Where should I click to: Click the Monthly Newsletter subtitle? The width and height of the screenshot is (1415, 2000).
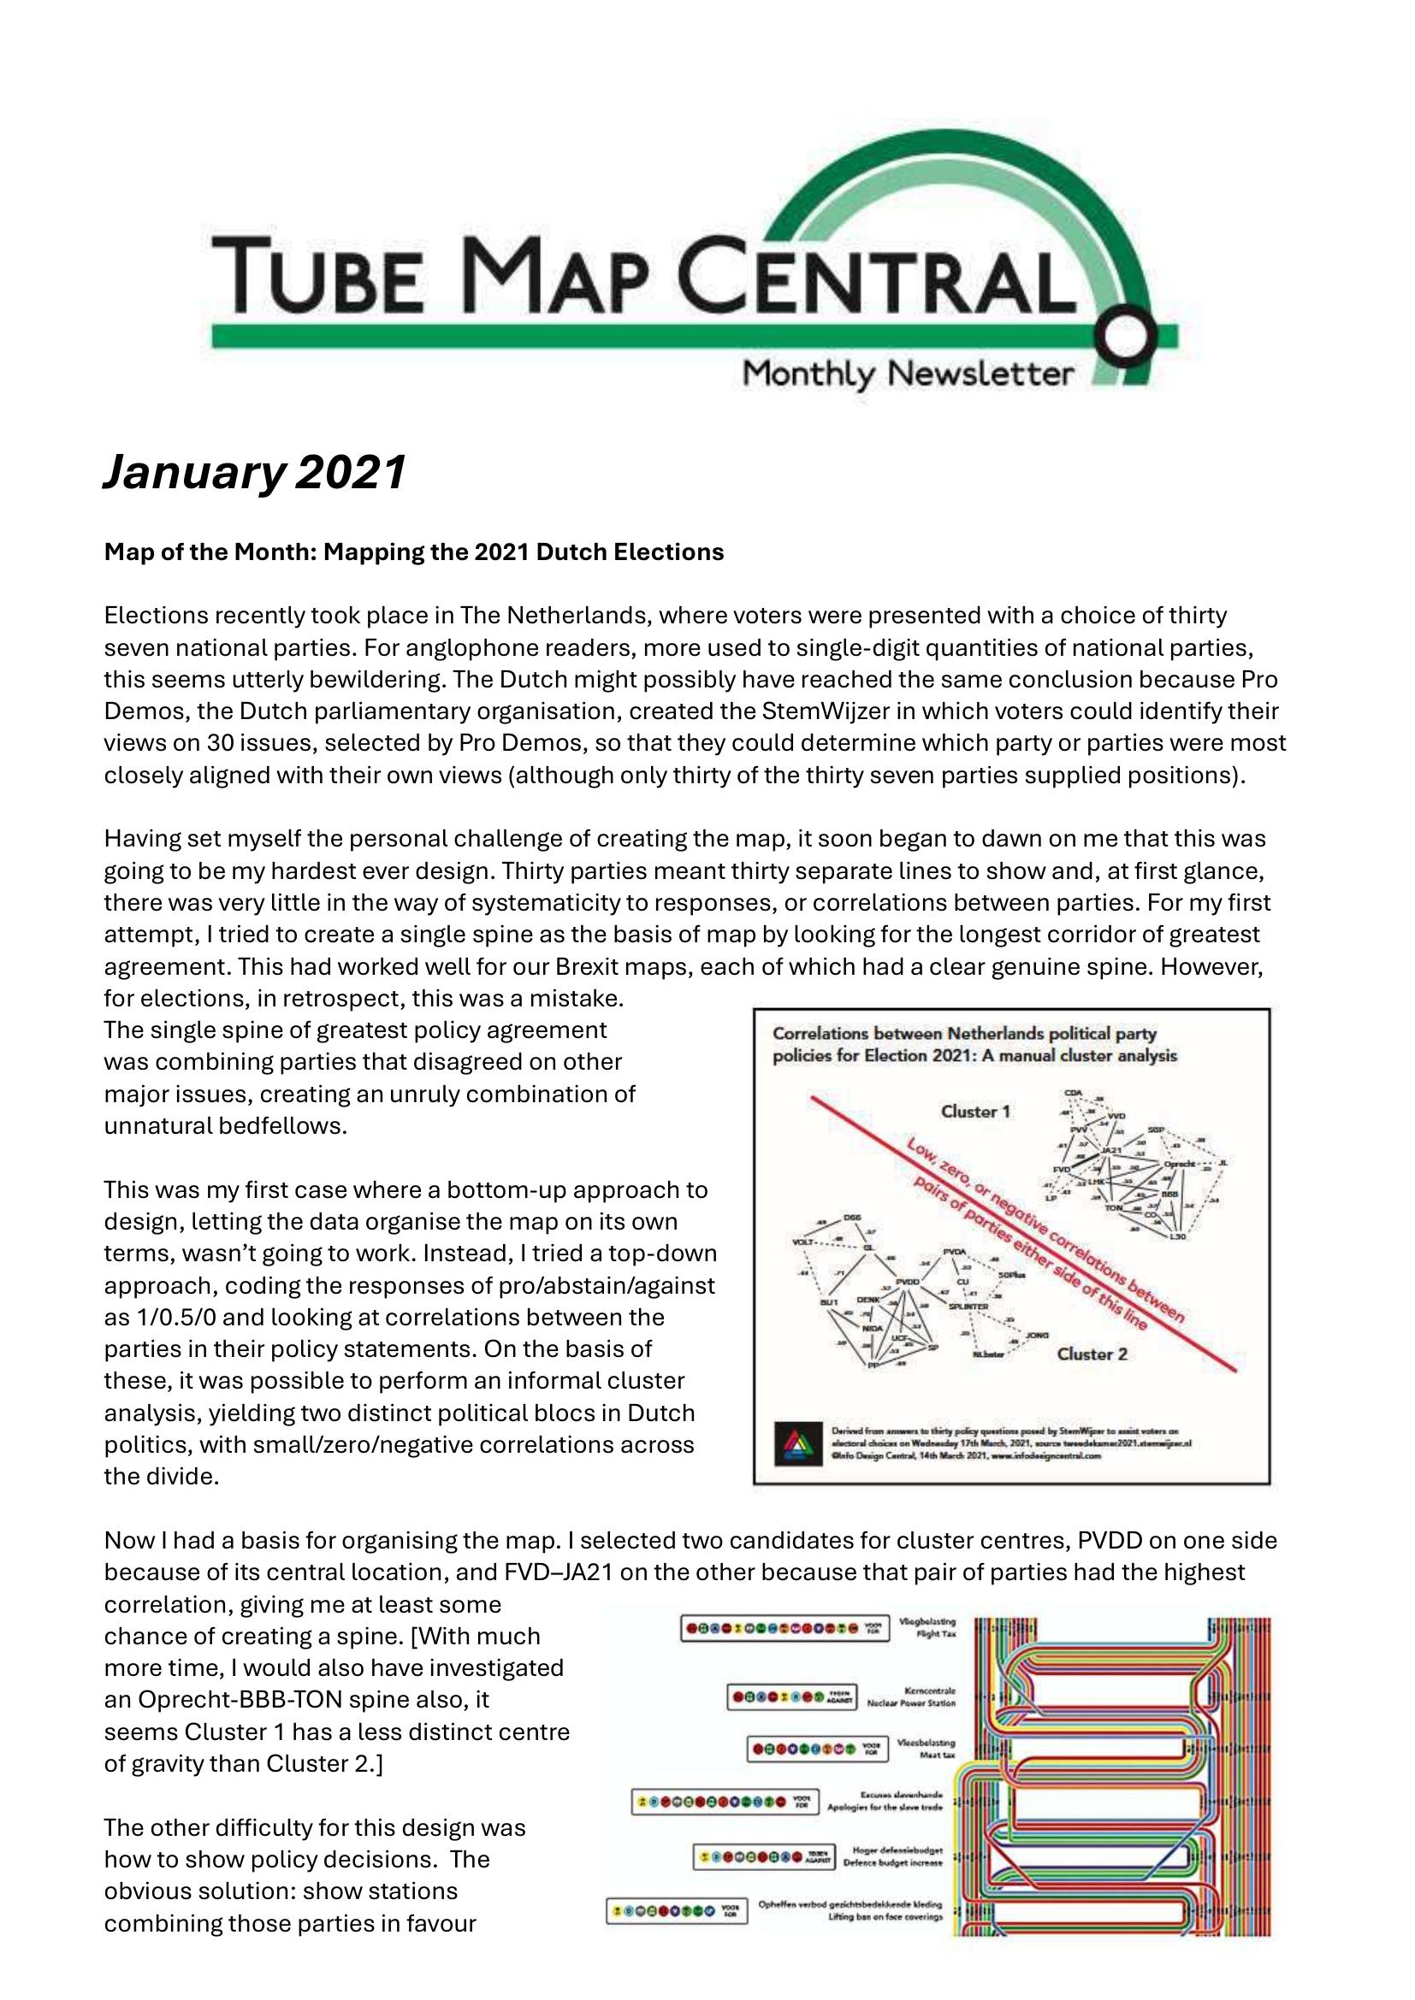pos(907,375)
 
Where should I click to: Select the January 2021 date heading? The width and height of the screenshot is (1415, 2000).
pos(254,473)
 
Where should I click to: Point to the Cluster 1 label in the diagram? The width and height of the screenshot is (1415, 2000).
pos(975,1112)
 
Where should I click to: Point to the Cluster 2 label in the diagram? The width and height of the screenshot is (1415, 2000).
pos(1092,1354)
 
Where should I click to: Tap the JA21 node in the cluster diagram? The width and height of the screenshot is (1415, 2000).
pos(1110,1151)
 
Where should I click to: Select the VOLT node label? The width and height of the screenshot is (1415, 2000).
pos(802,1241)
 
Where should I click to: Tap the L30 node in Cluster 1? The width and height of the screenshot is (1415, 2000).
pos(1178,1237)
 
